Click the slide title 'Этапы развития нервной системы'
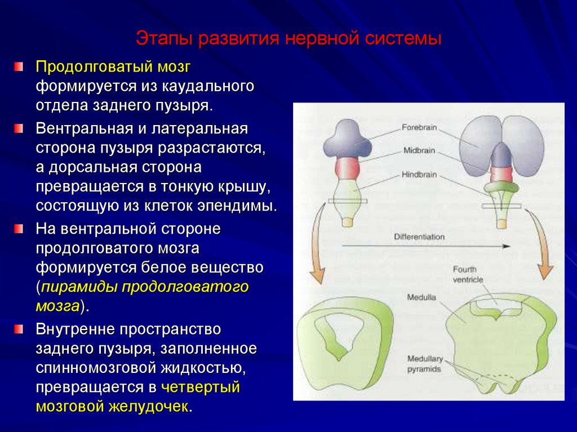(288, 40)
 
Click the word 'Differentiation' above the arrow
(419, 237)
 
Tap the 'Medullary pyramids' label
(425, 364)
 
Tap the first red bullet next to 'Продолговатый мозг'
(20, 67)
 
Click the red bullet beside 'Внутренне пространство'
(20, 328)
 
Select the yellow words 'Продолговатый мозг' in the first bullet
(113, 68)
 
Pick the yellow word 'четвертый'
(201, 388)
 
